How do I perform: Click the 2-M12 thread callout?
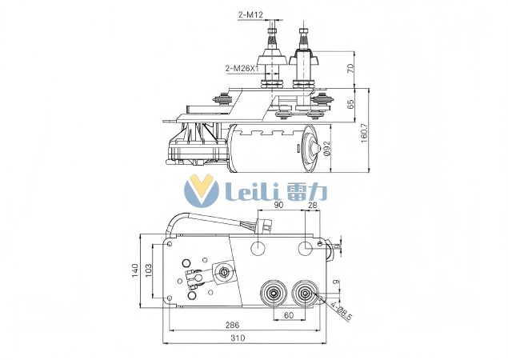click(251, 14)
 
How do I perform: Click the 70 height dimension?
click(350, 68)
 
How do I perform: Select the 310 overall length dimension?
click(238, 339)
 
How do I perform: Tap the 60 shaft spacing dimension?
click(289, 316)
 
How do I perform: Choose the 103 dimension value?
click(150, 270)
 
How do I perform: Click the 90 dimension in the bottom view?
click(279, 206)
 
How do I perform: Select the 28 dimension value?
click(312, 206)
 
